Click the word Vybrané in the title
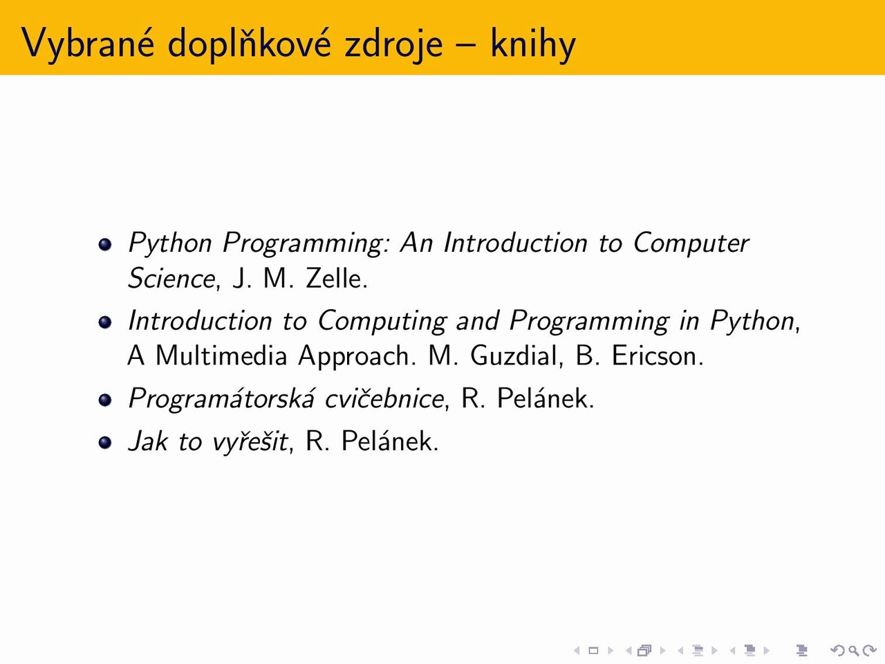coord(88,43)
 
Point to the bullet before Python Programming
coord(105,244)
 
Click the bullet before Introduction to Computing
coord(105,322)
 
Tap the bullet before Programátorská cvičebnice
coord(105,400)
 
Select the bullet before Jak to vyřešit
coord(105,442)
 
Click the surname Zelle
coord(337,278)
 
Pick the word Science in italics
coord(171,278)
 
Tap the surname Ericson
coord(658,356)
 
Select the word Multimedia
coord(221,356)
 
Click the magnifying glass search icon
coord(853,650)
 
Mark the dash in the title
coord(467,46)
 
